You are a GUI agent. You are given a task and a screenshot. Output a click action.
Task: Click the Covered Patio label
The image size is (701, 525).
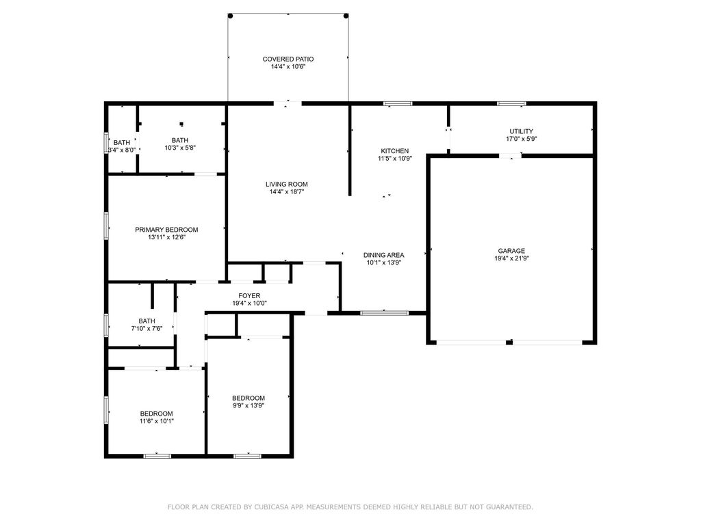(288, 59)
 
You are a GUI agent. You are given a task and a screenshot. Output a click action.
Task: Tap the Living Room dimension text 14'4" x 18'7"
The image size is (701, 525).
(287, 192)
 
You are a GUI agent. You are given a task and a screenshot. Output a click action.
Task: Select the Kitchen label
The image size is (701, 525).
(395, 151)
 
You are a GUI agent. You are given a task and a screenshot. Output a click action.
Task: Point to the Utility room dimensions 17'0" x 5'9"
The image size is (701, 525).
(521, 139)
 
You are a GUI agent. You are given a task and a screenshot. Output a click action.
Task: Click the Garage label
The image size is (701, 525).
(511, 251)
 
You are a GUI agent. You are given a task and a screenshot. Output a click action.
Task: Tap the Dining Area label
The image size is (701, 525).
(383, 255)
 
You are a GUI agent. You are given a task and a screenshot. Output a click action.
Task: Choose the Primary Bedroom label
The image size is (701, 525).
(166, 230)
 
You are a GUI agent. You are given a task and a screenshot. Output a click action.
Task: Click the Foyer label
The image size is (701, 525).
(249, 295)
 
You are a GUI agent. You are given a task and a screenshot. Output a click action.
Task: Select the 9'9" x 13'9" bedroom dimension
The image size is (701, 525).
(248, 406)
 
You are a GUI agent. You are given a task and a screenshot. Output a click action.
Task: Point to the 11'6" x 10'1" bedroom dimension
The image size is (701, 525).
(157, 421)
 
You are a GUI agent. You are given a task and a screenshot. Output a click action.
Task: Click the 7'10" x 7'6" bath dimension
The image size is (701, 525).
(146, 329)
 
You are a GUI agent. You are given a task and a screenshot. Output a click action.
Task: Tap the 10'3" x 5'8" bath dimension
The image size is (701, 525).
(180, 148)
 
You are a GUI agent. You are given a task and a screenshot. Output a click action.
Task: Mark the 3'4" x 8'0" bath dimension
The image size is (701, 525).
(122, 150)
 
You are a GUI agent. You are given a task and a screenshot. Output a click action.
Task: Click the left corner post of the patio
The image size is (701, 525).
(230, 16)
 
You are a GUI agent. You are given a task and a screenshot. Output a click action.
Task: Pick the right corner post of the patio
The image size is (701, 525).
(346, 16)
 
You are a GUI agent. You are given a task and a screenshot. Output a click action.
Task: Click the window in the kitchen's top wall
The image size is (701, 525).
(398, 104)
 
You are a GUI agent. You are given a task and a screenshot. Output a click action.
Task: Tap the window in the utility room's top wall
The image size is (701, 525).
(511, 104)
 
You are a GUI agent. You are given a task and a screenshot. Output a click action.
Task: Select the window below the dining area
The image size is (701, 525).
(385, 313)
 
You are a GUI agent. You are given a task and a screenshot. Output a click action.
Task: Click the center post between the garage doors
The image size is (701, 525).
(509, 342)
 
